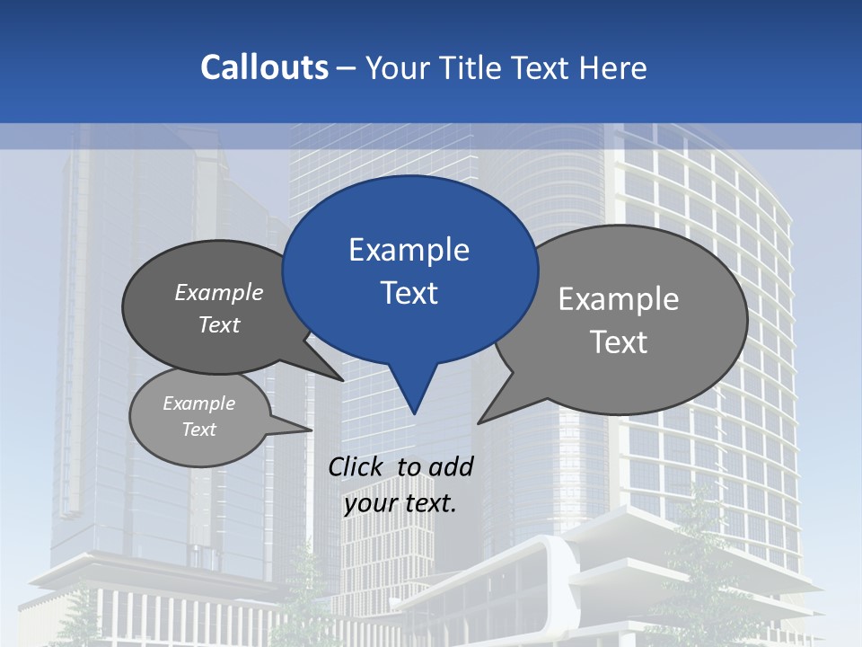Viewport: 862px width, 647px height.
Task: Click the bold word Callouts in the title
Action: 265,67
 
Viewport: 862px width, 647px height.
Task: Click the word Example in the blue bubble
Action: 409,249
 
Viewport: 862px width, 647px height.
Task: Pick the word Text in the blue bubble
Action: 409,292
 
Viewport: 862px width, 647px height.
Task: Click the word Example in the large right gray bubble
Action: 619,298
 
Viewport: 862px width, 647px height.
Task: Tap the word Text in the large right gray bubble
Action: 619,341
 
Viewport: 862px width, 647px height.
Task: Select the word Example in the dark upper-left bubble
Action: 219,292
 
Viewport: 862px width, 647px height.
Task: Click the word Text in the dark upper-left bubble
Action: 219,324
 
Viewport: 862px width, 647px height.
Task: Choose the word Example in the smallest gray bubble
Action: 198,403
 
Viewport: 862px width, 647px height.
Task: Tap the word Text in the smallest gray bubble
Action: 198,430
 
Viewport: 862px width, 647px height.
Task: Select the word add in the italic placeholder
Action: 451,466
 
